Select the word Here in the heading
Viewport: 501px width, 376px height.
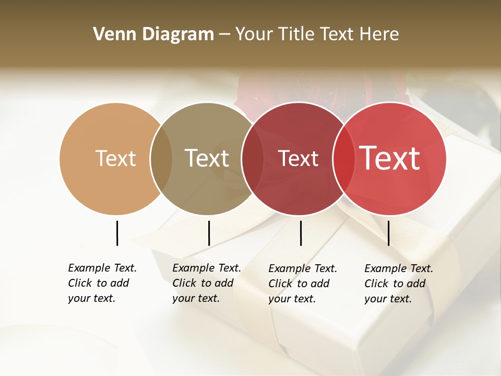379,34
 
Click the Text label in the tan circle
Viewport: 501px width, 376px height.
115,158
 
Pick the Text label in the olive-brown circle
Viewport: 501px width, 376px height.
207,158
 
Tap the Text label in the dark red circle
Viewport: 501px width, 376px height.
299,158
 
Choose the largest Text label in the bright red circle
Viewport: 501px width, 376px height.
390,158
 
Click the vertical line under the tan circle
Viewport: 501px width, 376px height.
117,233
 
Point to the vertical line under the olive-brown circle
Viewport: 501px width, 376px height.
209,233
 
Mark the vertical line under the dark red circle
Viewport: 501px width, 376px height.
301,233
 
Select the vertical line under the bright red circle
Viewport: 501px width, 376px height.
388,233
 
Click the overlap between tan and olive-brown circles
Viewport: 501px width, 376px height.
161,158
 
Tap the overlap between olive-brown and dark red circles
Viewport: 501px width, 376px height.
253,158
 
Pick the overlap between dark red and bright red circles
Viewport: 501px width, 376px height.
342,158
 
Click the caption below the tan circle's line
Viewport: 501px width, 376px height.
102,283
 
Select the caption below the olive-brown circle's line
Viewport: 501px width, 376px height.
207,283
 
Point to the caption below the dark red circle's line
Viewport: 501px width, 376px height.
303,284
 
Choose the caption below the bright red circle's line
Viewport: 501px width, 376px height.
399,284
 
